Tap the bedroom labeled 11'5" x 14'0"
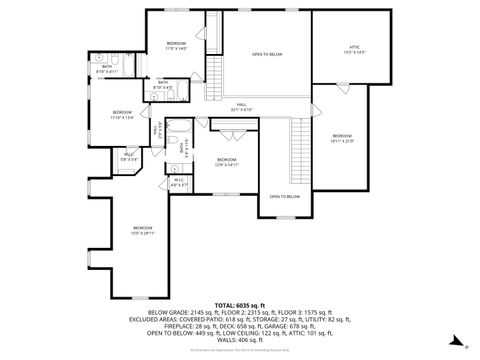[176, 46]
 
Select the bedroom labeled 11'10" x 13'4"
[121, 113]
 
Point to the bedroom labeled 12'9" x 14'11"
[226, 161]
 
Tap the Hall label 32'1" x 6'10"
[241, 105]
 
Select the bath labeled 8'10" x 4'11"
[106, 68]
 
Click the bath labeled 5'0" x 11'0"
[181, 147]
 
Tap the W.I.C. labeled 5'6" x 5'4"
[129, 155]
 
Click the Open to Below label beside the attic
[266, 54]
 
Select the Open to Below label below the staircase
[284, 196]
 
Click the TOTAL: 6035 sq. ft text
[239, 304]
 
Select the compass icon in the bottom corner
[465, 345]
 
